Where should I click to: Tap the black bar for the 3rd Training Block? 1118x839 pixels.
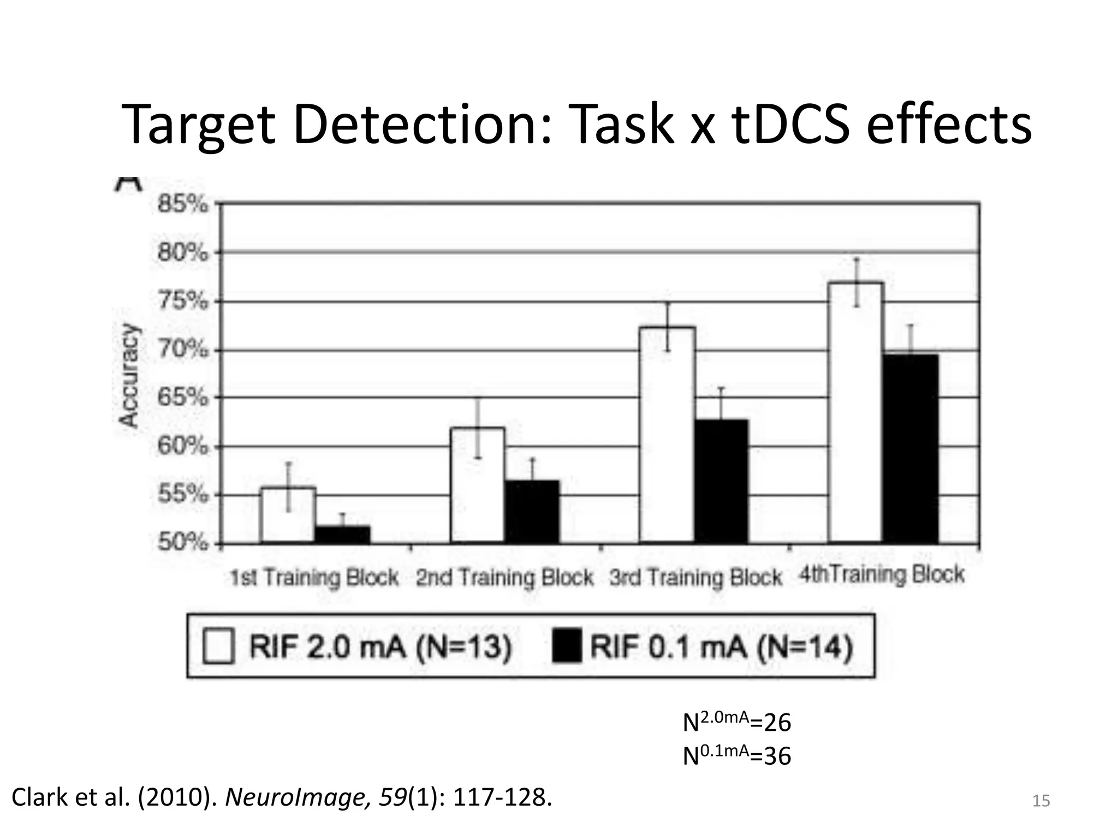coord(721,481)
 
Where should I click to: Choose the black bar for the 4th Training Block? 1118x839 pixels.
coord(910,448)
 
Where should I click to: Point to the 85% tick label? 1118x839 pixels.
coord(182,205)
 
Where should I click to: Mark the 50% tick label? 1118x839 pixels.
coord(182,542)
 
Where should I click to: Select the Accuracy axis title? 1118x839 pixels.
coord(129,375)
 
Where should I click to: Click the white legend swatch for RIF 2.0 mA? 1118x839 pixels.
coord(218,646)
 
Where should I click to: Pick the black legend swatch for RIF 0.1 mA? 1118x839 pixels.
coord(567,646)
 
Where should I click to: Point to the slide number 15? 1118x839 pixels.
coord(1041,801)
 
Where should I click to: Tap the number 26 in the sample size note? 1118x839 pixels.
coord(777,723)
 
